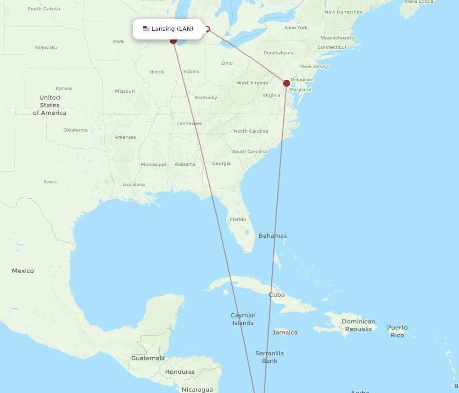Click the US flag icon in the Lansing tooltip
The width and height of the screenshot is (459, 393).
pyautogui.click(x=146, y=28)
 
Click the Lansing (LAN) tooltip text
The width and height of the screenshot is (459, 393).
pyautogui.click(x=173, y=29)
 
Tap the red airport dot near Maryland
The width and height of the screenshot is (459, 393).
pyautogui.click(x=286, y=83)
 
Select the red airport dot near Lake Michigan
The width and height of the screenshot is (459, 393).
pyautogui.click(x=173, y=40)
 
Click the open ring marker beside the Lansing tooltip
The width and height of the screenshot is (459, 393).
pyautogui.click(x=207, y=29)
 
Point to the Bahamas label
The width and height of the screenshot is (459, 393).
pyautogui.click(x=273, y=236)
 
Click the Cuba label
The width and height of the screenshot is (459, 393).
pyautogui.click(x=277, y=295)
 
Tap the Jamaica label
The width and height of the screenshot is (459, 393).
pyautogui.click(x=285, y=332)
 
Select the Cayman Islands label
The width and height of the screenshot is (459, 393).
pyautogui.click(x=243, y=319)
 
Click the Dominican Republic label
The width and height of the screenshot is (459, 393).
pyautogui.click(x=358, y=325)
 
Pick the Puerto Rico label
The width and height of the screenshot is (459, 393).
pyautogui.click(x=397, y=331)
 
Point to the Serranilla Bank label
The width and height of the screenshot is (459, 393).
pyautogui.click(x=269, y=357)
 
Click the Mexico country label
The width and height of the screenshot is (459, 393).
pyautogui.click(x=23, y=271)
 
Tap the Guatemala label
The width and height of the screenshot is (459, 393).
pyautogui.click(x=148, y=358)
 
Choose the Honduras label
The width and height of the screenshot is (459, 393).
pyautogui.click(x=179, y=372)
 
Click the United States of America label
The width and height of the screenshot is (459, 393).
pyautogui.click(x=50, y=105)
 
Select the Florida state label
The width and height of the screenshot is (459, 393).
pyautogui.click(x=238, y=219)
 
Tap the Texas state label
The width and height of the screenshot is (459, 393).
pyautogui.click(x=50, y=182)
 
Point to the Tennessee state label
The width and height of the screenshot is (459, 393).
pyautogui.click(x=189, y=123)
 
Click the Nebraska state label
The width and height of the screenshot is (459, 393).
pyautogui.click(x=46, y=48)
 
